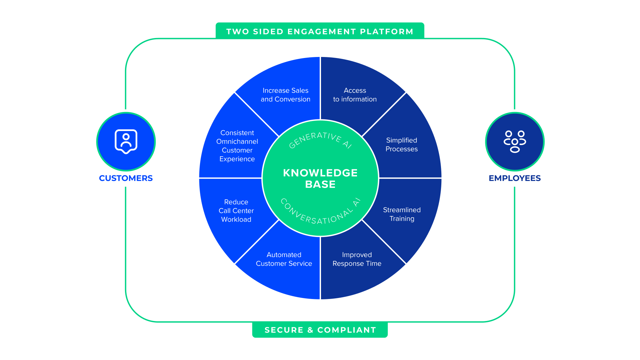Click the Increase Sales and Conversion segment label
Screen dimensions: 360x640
(x=285, y=95)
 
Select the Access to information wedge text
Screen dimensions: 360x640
(x=355, y=95)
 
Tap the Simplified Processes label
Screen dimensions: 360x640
(x=401, y=144)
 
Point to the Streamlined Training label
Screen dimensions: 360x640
(x=402, y=214)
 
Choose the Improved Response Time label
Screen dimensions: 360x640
(x=357, y=259)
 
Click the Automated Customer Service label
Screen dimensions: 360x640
(x=284, y=259)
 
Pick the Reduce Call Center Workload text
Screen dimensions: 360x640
(x=236, y=211)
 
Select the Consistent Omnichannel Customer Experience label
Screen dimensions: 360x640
(x=237, y=146)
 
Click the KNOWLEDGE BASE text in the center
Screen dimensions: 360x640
(x=320, y=178)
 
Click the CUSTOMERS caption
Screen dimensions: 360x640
(x=126, y=178)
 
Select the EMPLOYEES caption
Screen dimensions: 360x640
(x=514, y=178)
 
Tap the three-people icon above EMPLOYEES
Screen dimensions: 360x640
(x=514, y=141)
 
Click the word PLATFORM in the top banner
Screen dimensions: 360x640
(x=386, y=32)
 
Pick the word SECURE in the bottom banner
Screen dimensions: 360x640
(x=284, y=330)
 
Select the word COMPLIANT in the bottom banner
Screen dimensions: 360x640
(x=347, y=330)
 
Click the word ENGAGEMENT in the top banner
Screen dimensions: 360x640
(x=322, y=32)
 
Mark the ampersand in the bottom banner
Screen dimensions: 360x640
(x=310, y=330)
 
